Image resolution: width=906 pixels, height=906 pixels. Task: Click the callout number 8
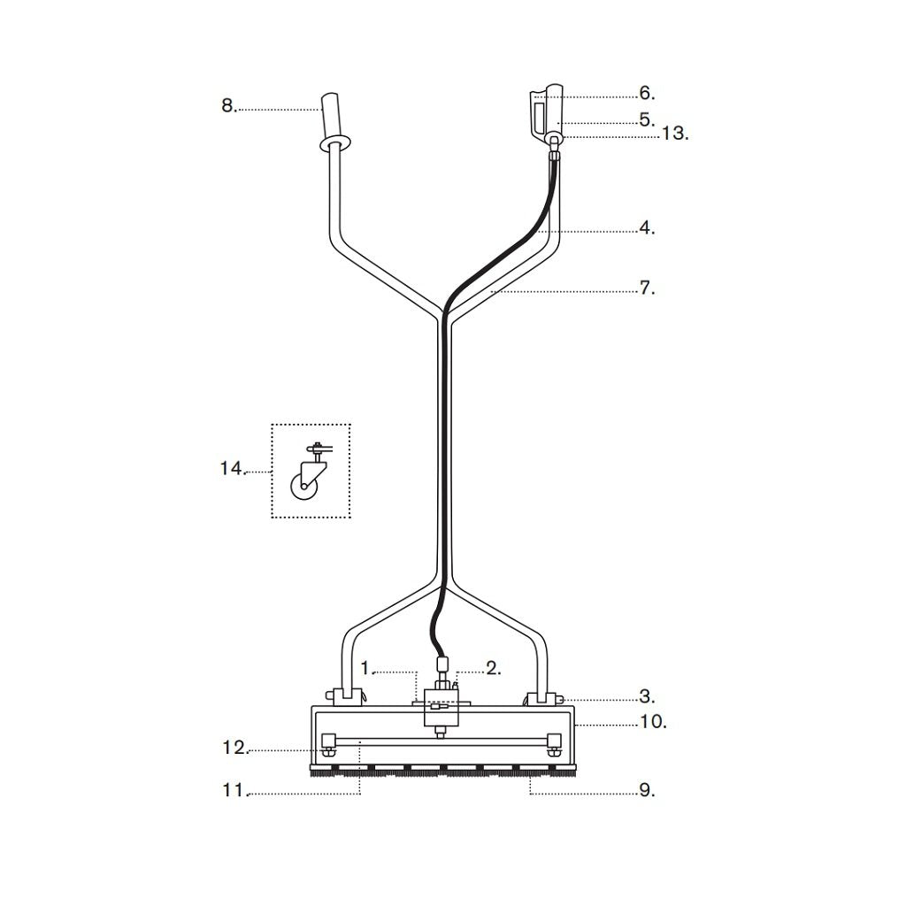click(228, 106)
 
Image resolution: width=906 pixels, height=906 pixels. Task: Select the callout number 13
click(674, 134)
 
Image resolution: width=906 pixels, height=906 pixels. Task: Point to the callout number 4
click(647, 228)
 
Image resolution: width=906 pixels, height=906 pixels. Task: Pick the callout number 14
click(232, 469)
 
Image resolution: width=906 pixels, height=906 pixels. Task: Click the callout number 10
click(652, 723)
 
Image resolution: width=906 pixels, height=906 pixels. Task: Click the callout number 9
click(647, 791)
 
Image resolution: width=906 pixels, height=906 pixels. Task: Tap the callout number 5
click(646, 119)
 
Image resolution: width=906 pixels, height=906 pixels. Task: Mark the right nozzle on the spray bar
click(555, 742)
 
